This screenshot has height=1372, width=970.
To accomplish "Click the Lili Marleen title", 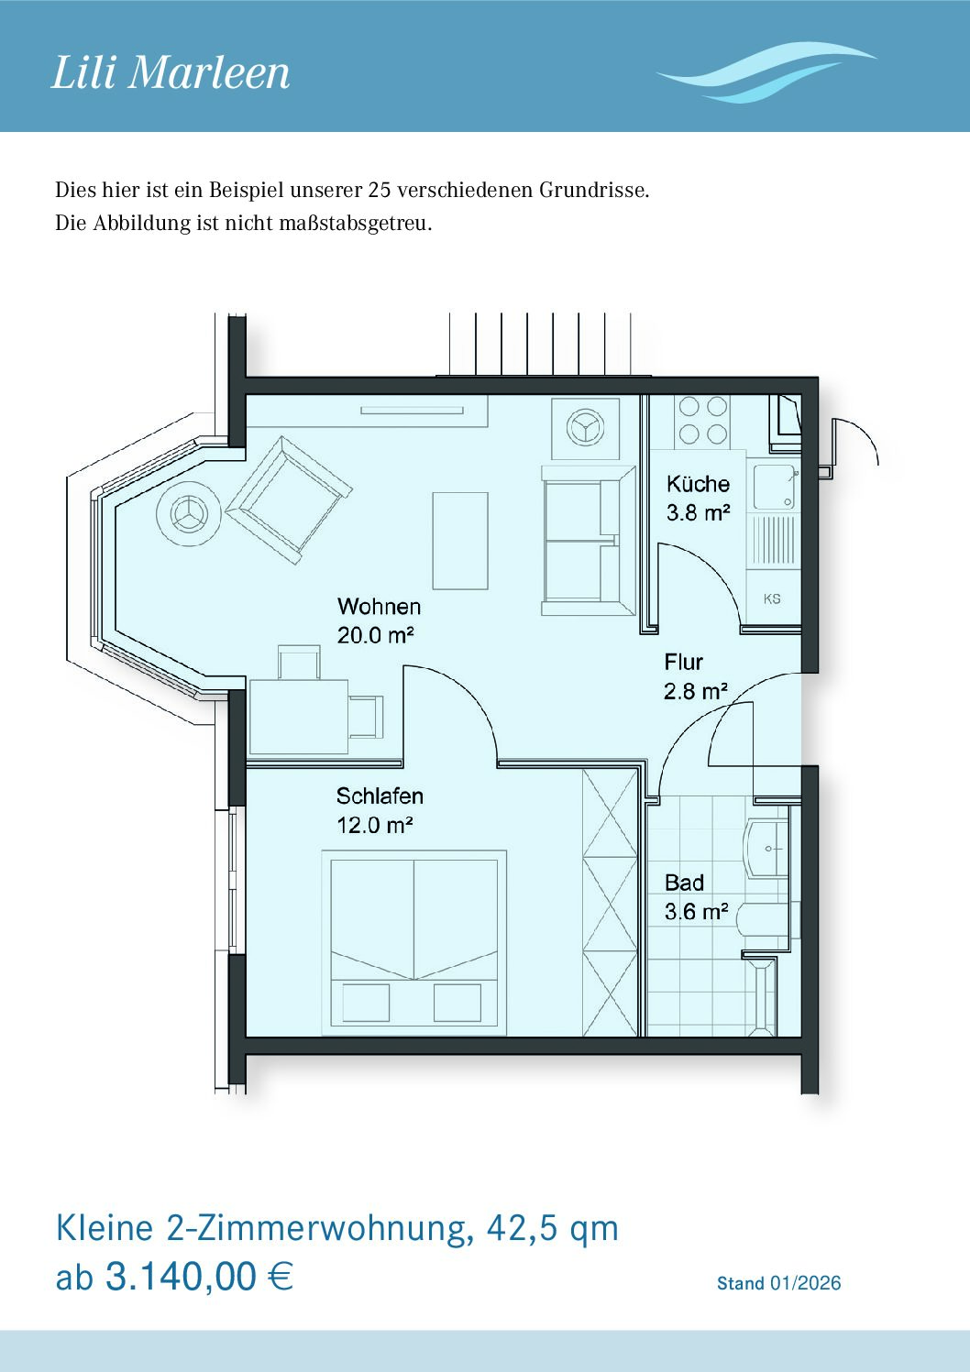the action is pos(171,73).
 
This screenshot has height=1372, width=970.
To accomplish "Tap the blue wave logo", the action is pos(766,73).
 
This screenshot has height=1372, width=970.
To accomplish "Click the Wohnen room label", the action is pos(379,607).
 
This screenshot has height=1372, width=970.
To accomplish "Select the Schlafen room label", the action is pos(380,796).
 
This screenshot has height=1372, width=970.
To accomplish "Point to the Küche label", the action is pos(698,484).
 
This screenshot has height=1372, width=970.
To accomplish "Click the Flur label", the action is pos(683,662).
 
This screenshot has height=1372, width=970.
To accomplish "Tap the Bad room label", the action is pos(684,883).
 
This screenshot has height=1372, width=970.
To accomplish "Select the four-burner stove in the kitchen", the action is pos(703,420).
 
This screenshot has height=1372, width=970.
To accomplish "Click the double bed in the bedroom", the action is pos(414,943).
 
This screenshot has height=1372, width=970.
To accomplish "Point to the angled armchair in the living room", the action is pos(289,499).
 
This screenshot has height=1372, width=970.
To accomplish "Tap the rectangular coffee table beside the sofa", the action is pos(460,541).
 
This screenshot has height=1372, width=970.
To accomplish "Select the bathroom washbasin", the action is pos(766,850).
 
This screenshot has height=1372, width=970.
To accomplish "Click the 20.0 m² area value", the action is pos(376,635).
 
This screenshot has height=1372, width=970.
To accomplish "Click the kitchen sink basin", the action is pos(774,487).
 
